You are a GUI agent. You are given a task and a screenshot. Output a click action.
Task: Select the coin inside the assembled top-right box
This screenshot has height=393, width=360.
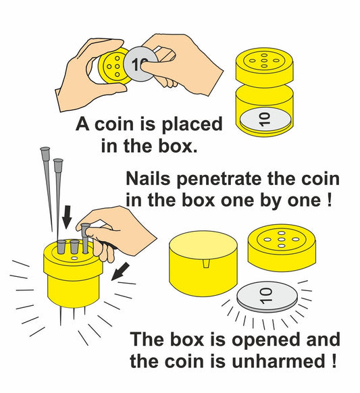click(x=265, y=120)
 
